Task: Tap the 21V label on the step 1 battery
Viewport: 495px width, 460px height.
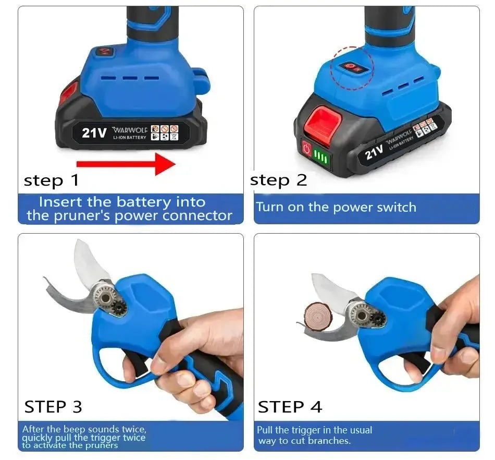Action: (94, 132)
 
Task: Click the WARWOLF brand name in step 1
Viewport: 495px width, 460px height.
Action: (130, 129)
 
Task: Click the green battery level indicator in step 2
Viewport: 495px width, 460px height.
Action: (321, 158)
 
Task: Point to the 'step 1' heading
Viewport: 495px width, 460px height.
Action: (51, 180)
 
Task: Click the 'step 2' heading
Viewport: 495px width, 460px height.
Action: (278, 180)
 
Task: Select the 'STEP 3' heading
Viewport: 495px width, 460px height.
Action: (53, 406)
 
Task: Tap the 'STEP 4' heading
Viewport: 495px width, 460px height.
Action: (290, 406)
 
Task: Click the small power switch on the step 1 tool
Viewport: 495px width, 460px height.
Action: (105, 52)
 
